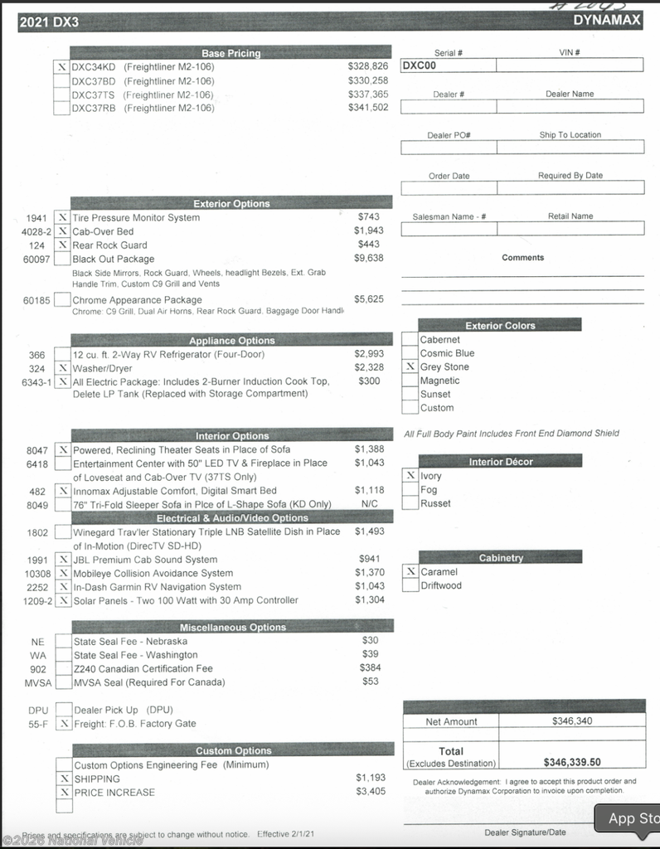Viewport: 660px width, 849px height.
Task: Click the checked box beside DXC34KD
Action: pos(61,67)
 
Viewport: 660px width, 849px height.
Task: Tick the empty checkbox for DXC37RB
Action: pos(61,108)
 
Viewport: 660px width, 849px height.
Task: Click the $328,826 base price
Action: pos(367,66)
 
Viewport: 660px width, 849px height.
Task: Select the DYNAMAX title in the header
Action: pos(607,20)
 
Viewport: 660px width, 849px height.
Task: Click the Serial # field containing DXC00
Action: pos(448,65)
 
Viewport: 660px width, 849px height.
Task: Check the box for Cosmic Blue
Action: pos(410,353)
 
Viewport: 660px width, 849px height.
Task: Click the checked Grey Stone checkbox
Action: pos(410,366)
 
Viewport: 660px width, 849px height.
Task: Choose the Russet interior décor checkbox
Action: pos(410,503)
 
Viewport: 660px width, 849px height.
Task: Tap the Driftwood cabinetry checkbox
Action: pos(410,585)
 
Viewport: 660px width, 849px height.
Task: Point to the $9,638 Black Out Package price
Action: pos(368,259)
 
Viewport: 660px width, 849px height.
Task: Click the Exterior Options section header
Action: pos(231,204)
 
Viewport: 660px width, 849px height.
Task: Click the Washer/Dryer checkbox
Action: pos(62,368)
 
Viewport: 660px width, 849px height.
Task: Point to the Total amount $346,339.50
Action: pos(571,762)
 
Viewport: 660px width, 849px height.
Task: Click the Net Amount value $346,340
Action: pos(571,721)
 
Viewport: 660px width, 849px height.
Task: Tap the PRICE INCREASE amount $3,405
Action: pos(371,792)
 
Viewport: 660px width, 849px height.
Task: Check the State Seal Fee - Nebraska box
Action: pos(63,641)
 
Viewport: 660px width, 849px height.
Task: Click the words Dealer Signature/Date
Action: pos(525,832)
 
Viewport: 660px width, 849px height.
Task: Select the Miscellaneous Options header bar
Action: pos(231,628)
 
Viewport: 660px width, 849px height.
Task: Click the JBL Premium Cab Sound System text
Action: pos(145,560)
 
